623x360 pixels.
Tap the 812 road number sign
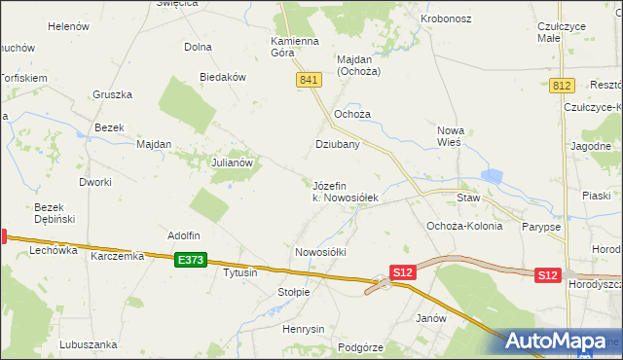coord(560,87)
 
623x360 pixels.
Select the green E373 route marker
coord(191,260)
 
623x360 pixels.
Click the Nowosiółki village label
coord(320,252)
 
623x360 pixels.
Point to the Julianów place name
coord(233,163)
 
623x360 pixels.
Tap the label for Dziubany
coord(338,144)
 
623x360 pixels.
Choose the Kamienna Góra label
coord(296,47)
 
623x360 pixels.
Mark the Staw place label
coord(469,197)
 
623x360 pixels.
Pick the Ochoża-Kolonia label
coord(464,226)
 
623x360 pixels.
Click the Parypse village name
coord(540,227)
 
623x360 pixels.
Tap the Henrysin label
coord(303,329)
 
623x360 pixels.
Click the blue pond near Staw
coord(492,177)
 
